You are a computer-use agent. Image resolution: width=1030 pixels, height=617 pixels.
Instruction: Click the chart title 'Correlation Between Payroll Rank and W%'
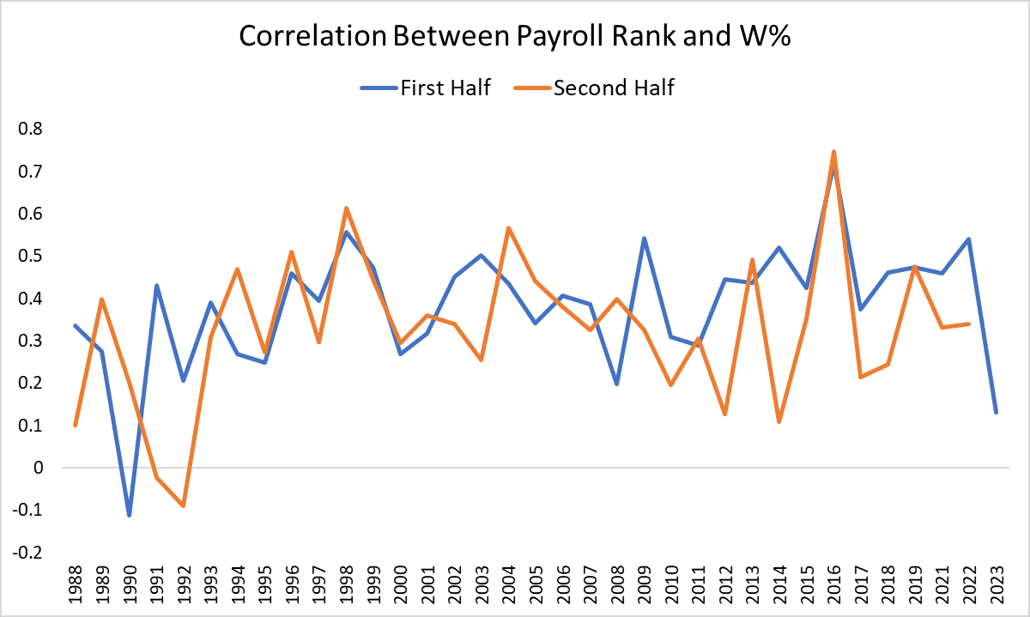tap(514, 35)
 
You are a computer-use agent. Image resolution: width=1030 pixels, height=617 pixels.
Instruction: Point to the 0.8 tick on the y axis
tap(32, 130)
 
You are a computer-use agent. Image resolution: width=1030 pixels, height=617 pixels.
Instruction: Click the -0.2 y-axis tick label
tap(28, 553)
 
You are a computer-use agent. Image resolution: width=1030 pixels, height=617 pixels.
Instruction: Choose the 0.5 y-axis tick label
tap(32, 257)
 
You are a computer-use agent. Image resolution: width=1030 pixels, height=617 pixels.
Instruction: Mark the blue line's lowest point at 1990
tap(130, 516)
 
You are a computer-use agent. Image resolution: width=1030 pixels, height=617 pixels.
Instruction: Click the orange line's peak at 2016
tap(833, 151)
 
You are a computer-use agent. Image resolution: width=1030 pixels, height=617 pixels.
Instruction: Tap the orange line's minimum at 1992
tap(184, 506)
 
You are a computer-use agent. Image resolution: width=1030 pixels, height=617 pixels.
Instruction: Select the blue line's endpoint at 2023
tap(997, 413)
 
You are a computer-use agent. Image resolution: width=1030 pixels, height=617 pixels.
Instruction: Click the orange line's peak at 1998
tap(346, 208)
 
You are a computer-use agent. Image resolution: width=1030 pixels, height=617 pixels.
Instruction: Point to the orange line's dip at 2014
tap(779, 421)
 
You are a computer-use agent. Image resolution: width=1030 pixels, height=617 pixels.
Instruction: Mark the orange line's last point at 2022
tap(969, 324)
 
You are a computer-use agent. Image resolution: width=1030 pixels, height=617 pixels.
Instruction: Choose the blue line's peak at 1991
tap(157, 286)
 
